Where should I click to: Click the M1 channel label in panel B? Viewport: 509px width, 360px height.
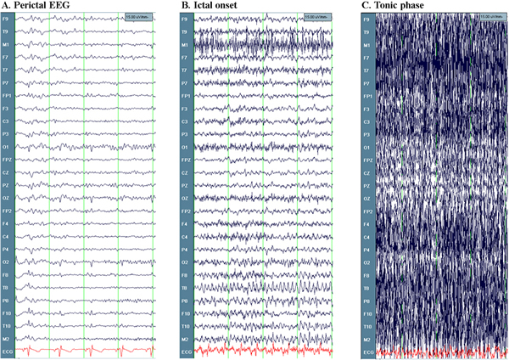pyautogui.click(x=184, y=44)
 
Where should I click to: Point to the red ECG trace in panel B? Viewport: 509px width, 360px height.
pyautogui.click(x=255, y=350)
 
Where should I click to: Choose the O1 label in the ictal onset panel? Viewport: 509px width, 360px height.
pyautogui.click(x=184, y=147)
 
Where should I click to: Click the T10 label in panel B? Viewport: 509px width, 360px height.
pyautogui.click(x=184, y=326)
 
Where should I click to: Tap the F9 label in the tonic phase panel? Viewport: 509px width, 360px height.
pyautogui.click(x=366, y=18)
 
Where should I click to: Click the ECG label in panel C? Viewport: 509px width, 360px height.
pyautogui.click(x=366, y=351)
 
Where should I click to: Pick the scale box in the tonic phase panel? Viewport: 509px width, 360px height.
pyautogui.click(x=490, y=16)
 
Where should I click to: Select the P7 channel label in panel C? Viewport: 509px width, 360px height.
pyautogui.click(x=366, y=83)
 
